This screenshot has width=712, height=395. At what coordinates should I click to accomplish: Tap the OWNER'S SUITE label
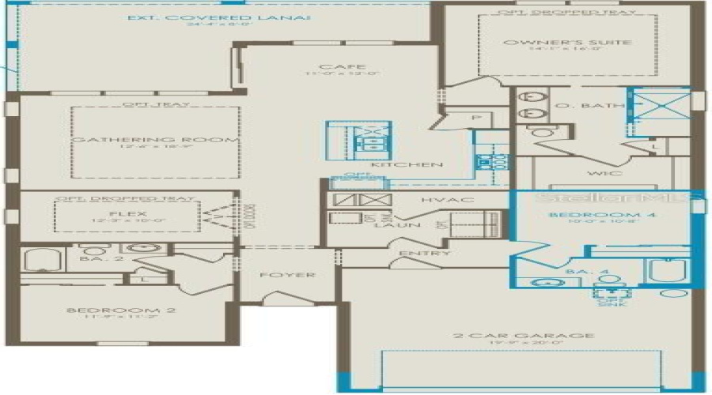pyautogui.click(x=567, y=43)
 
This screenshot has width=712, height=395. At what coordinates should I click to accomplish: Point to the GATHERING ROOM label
pyautogui.click(x=155, y=140)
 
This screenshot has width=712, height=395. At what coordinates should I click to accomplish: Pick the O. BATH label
pyautogui.click(x=603, y=105)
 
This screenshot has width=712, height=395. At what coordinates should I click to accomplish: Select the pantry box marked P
pyautogui.click(x=476, y=118)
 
